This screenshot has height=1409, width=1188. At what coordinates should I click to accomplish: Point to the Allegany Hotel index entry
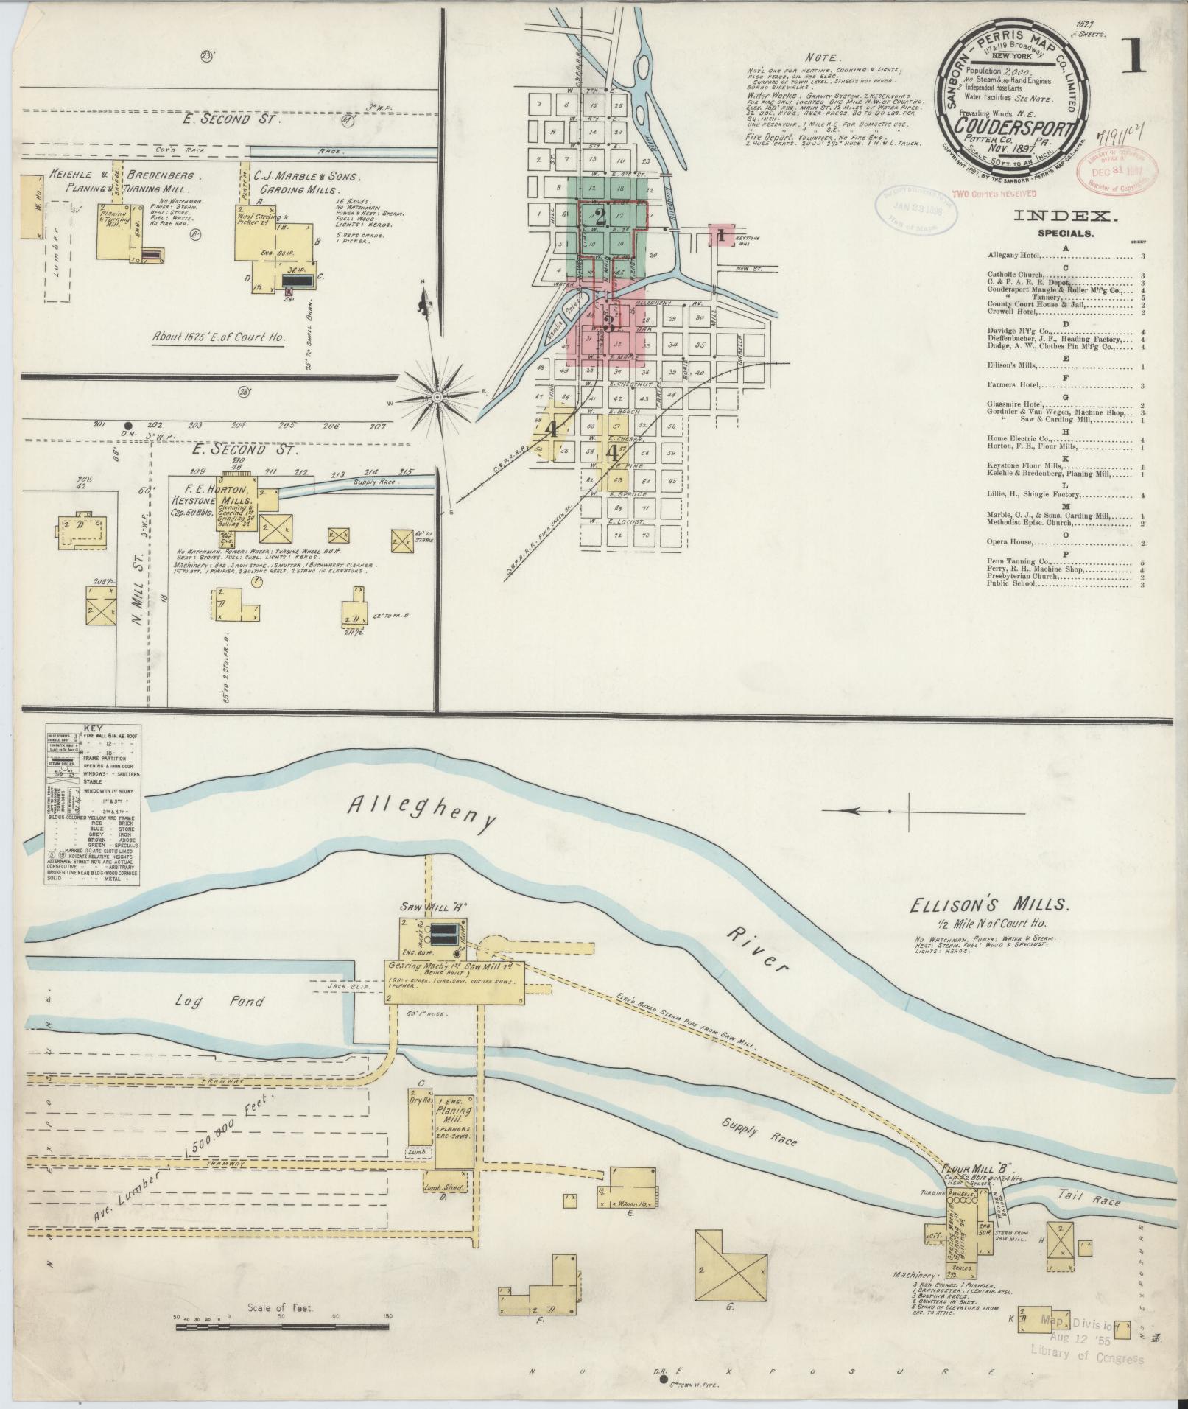click(x=1014, y=256)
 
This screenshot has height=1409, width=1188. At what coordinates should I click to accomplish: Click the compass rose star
click(x=437, y=397)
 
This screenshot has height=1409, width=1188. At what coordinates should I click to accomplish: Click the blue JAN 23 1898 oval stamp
click(x=913, y=208)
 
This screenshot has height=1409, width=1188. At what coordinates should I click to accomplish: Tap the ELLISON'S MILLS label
click(x=978, y=905)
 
